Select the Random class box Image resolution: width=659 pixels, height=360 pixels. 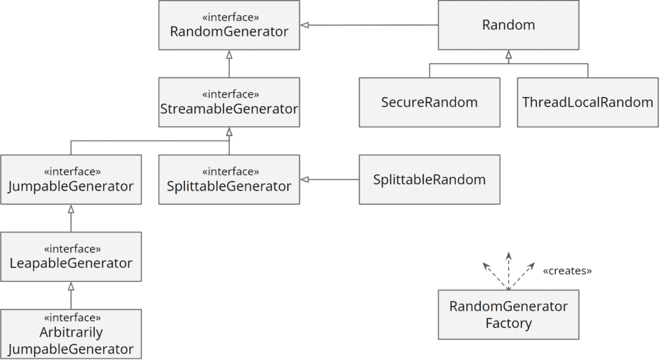pyautogui.click(x=508, y=25)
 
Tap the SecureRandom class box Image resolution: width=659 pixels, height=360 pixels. pyautogui.click(x=429, y=103)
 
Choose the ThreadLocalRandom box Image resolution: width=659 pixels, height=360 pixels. pyautogui.click(x=587, y=103)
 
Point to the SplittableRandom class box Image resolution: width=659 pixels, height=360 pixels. pyautogui.click(x=429, y=180)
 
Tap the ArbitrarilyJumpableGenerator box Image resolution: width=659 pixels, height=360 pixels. pyautogui.click(x=71, y=334)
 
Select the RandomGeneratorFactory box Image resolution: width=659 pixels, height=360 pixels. pyautogui.click(x=508, y=315)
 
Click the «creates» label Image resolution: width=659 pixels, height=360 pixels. pyautogui.click(x=567, y=271)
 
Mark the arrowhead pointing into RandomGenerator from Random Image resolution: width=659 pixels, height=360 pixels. pyautogui.click(x=305, y=26)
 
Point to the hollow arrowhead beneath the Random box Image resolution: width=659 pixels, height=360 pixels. pyautogui.click(x=508, y=54)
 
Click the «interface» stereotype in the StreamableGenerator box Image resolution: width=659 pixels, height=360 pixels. pyautogui.click(x=229, y=94)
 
